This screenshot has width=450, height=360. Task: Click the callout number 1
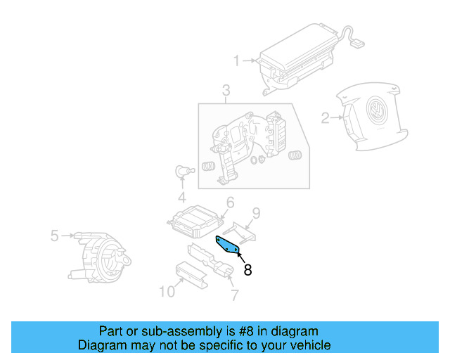tap(237, 60)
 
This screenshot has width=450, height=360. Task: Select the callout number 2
tap(325, 118)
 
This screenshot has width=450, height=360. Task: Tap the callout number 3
tap(226, 90)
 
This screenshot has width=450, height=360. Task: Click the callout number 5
tap(55, 236)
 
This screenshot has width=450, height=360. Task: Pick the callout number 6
tap(229, 203)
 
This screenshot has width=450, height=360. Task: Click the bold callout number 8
tap(247, 269)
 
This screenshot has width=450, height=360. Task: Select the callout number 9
tap(256, 212)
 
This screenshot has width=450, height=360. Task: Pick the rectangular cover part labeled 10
tap(191, 272)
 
